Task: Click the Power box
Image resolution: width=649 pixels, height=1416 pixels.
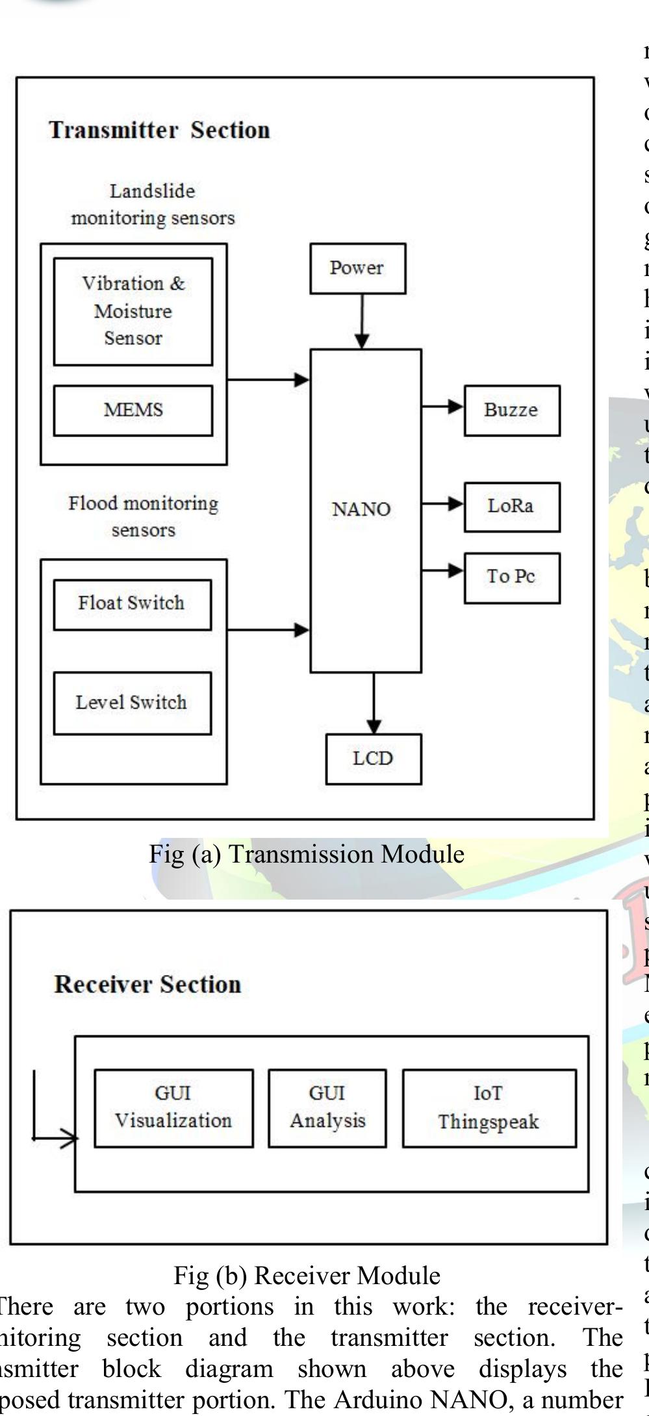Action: [357, 268]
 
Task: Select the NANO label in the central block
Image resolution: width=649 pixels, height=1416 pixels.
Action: [361, 509]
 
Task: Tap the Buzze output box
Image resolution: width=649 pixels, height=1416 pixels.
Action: [511, 410]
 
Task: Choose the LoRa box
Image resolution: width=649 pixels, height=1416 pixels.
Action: [511, 506]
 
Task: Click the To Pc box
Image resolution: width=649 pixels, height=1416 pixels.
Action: [511, 577]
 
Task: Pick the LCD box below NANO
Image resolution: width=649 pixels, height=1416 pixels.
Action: [373, 759]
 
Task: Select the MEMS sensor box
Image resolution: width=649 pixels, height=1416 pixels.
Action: [133, 410]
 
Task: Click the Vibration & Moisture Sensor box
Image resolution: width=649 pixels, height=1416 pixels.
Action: [133, 311]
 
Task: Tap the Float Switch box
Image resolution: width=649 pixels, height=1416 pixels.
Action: [132, 604]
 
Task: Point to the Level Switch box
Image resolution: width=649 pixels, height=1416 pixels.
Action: [132, 703]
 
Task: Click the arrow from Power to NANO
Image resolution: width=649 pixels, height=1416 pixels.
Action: [363, 322]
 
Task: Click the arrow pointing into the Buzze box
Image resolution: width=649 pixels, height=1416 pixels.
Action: [443, 407]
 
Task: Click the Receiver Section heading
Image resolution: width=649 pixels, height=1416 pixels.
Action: [147, 984]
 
